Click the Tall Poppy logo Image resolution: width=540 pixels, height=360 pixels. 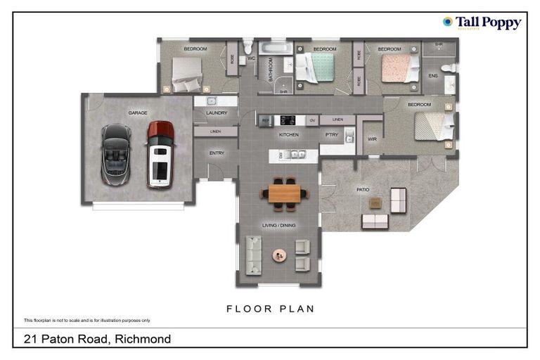click(482, 23)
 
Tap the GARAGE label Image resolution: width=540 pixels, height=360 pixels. click(137, 112)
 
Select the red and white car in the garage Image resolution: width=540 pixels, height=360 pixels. click(160, 154)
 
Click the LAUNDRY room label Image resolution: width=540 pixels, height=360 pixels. click(217, 112)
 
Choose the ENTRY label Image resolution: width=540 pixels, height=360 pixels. click(217, 153)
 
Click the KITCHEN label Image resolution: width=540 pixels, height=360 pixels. click(289, 134)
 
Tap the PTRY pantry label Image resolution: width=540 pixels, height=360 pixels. click(332, 134)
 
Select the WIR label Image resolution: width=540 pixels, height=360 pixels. click(372, 139)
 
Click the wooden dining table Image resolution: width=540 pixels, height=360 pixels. click(284, 193)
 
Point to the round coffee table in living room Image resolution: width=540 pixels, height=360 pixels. click(280, 255)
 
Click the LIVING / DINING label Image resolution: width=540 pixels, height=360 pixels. click(279, 225)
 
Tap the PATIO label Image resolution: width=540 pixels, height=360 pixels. click(363, 189)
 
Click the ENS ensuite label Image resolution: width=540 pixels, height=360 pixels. click(433, 75)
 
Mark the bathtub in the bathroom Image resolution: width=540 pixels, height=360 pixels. click(273, 48)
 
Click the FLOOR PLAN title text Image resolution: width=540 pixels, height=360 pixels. click(270, 309)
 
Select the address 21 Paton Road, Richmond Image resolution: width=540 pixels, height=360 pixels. click(97, 339)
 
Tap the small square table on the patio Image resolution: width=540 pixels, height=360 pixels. click(375, 202)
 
